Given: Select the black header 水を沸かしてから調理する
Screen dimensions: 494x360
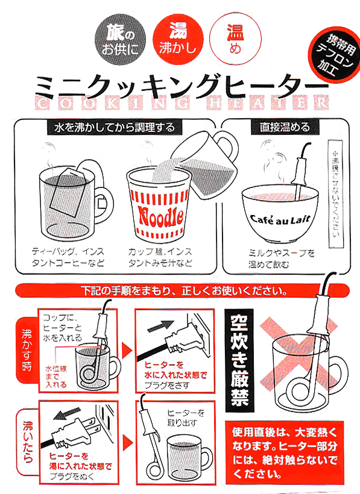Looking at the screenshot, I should click(110, 127).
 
